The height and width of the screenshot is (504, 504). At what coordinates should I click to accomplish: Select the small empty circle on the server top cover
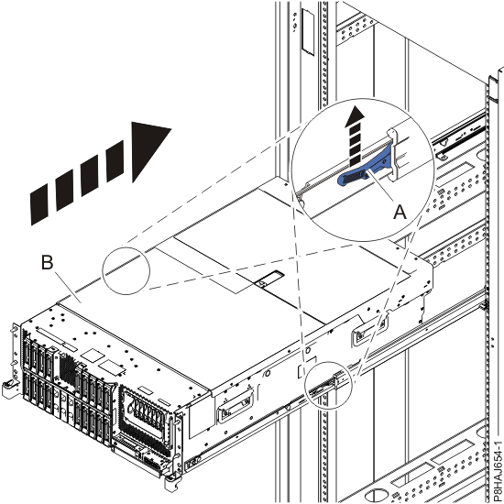[x=126, y=273]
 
